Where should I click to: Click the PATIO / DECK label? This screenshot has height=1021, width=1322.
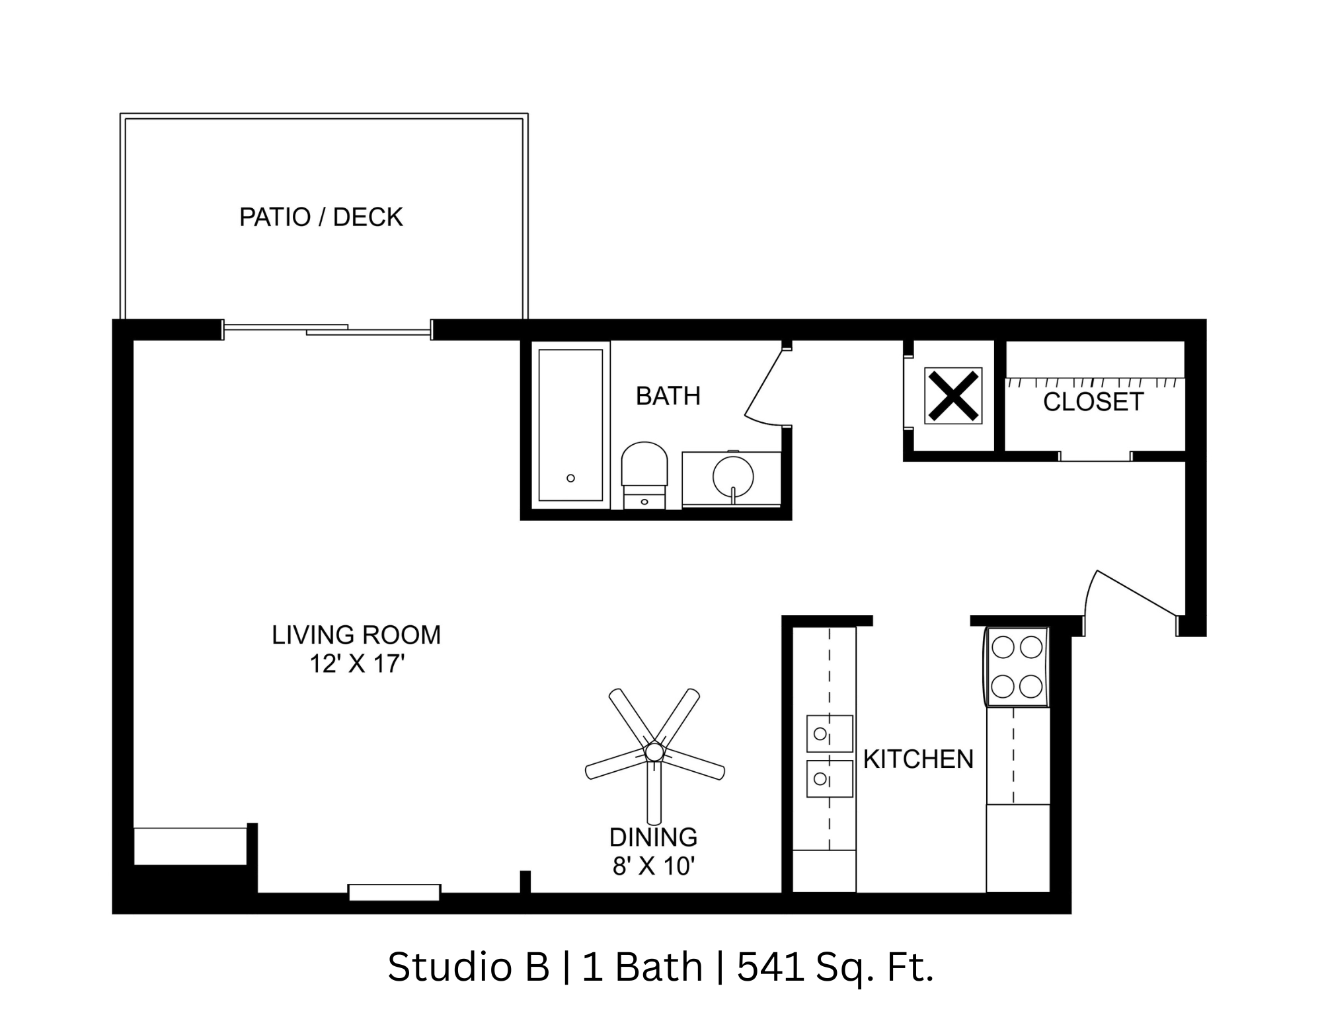click(321, 217)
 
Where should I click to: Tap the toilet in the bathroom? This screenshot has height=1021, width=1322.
click(644, 472)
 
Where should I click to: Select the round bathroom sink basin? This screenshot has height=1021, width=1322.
click(733, 475)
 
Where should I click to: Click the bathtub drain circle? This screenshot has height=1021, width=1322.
click(570, 478)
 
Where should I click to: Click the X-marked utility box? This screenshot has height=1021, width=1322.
click(953, 396)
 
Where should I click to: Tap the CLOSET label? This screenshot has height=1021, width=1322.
click(1093, 402)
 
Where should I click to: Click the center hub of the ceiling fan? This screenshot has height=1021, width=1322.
click(654, 751)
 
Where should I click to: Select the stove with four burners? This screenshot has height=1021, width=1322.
click(1017, 667)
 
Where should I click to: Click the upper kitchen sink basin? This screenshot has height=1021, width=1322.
click(829, 734)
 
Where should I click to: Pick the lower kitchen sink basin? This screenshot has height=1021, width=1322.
click(829, 779)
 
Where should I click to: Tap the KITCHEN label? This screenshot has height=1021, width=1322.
click(918, 759)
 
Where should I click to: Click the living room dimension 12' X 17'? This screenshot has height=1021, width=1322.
click(357, 663)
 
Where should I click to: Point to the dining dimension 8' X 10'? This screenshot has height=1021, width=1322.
click(653, 866)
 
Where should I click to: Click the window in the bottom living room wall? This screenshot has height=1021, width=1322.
click(394, 892)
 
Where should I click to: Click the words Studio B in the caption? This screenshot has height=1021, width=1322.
click(468, 967)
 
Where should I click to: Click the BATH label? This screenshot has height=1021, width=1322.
click(668, 396)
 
